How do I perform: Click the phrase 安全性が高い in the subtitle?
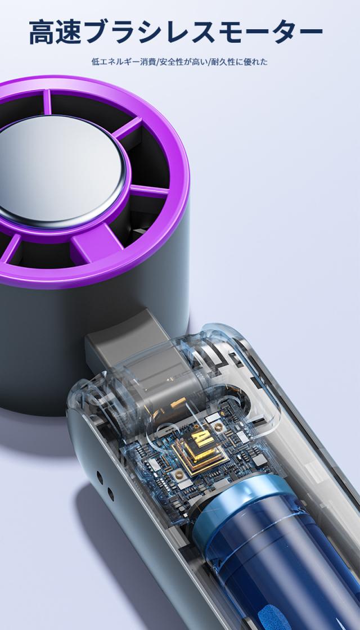pyautogui.click(x=184, y=62)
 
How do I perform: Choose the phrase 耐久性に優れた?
pyautogui.click(x=240, y=62)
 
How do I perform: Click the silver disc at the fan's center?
pyautogui.click(x=60, y=169)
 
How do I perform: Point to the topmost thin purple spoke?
pyautogui.click(x=47, y=102)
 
